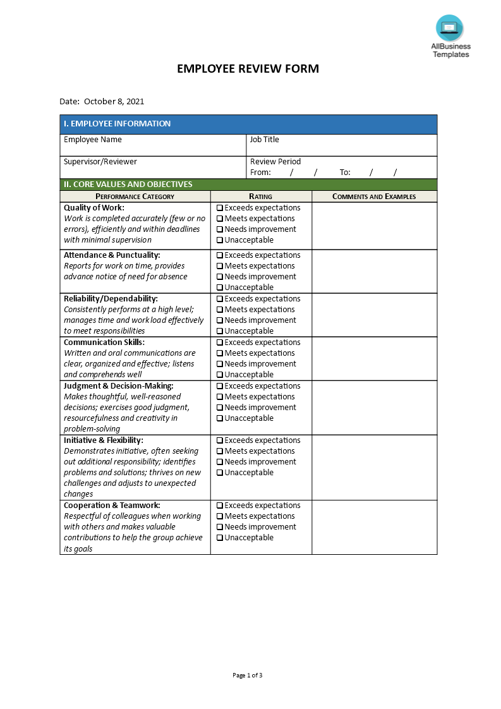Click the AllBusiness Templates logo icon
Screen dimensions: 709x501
(449, 28)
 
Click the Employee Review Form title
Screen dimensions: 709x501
(248, 69)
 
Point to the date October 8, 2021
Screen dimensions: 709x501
(114, 101)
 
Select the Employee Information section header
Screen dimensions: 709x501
(118, 124)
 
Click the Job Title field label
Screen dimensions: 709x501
(264, 140)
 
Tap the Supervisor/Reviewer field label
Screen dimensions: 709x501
(100, 162)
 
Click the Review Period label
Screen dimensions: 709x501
(275, 162)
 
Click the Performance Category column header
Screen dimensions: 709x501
(135, 197)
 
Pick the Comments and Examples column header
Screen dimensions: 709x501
(374, 197)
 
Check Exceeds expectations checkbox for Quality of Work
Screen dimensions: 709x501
(220, 208)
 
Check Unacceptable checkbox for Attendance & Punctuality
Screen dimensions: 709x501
(220, 288)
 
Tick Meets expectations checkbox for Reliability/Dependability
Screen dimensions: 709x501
(220, 310)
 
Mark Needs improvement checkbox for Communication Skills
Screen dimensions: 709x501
(220, 364)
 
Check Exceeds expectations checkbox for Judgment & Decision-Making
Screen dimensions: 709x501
(220, 386)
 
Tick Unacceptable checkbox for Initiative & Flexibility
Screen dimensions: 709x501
(220, 473)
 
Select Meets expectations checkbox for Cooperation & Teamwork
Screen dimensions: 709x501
(220, 516)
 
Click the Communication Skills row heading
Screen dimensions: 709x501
(104, 342)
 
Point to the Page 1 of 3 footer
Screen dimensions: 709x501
(248, 675)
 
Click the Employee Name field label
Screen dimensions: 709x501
(93, 140)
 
